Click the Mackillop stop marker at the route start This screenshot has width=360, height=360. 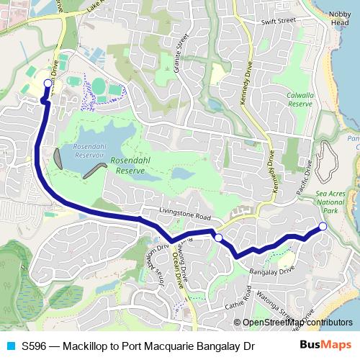pos(48,83)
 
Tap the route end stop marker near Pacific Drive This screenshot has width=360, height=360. pos(323,227)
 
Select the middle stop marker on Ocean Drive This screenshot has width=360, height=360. pos(218,237)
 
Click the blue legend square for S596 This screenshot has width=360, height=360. pos(10,346)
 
